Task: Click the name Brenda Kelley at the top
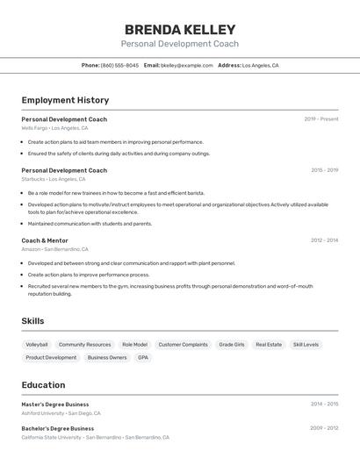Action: pyautogui.click(x=179, y=29)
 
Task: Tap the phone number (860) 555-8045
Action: pyautogui.click(x=119, y=65)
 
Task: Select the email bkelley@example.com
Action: pyautogui.click(x=187, y=65)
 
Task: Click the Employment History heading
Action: pyautogui.click(x=65, y=100)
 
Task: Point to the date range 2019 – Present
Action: pyautogui.click(x=321, y=118)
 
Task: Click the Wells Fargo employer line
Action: pyautogui.click(x=54, y=128)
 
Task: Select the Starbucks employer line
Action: pyautogui.click(x=54, y=179)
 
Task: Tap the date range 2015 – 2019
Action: pyautogui.click(x=324, y=169)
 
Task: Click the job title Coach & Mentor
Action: pyautogui.click(x=45, y=240)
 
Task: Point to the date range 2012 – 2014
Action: pyautogui.click(x=324, y=240)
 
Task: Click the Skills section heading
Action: pyautogui.click(x=32, y=321)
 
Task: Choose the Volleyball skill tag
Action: pyautogui.click(x=37, y=345)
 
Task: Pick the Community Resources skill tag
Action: pyautogui.click(x=84, y=345)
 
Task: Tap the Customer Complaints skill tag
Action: pyautogui.click(x=183, y=345)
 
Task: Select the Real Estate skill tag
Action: pyautogui.click(x=269, y=345)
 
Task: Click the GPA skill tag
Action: pyautogui.click(x=143, y=358)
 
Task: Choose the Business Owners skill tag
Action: pyautogui.click(x=107, y=358)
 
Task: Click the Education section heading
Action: pyautogui.click(x=43, y=385)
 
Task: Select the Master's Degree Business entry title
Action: pyautogui.click(x=55, y=404)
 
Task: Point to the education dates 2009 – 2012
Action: pyautogui.click(x=324, y=428)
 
